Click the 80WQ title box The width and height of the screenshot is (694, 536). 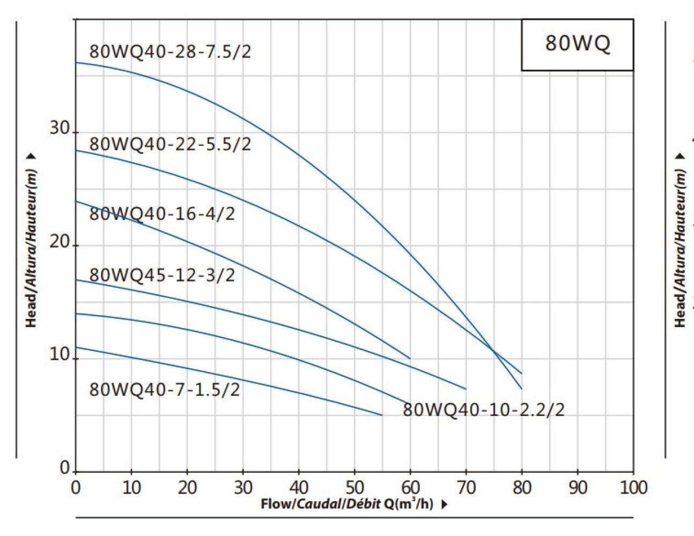(x=577, y=44)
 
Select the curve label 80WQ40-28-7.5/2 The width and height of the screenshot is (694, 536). (x=169, y=52)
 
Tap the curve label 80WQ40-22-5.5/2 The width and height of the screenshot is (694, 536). (x=169, y=144)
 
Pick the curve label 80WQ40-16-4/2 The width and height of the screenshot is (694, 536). (x=161, y=214)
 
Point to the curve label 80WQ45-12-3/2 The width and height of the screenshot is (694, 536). (x=161, y=276)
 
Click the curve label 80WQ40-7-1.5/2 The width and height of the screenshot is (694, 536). (x=164, y=390)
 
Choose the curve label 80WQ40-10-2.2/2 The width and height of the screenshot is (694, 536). (x=483, y=410)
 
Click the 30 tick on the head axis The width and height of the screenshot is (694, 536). (x=60, y=129)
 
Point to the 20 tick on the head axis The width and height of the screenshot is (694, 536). (x=60, y=242)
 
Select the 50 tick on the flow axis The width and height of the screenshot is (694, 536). (x=355, y=487)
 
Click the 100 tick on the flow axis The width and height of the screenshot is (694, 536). (x=633, y=487)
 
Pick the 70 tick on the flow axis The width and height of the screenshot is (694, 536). (x=466, y=487)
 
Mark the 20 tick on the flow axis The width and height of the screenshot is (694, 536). (x=187, y=487)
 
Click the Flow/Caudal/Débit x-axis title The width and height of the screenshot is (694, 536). (x=347, y=504)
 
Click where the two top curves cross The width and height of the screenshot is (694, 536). (x=493, y=351)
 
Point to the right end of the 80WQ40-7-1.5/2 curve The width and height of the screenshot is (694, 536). (x=382, y=415)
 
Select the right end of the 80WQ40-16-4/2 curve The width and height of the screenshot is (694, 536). (x=410, y=358)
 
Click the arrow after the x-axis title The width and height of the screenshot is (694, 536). (x=444, y=505)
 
